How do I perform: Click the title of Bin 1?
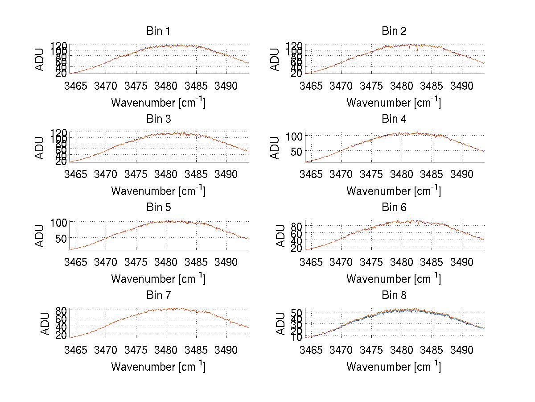[158, 31]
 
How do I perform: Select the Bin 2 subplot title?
[394, 31]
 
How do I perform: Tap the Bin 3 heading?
[158, 119]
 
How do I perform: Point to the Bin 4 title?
[394, 119]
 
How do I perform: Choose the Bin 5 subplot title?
[158, 207]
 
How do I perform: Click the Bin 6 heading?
[394, 207]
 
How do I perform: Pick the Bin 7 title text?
[158, 295]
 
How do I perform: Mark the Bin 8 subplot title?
[394, 295]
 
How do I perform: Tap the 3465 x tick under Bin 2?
[311, 86]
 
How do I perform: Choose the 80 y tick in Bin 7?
[62, 310]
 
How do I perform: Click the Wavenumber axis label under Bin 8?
[394, 367]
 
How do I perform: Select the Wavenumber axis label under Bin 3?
[158, 191]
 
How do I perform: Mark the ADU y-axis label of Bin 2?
[275, 59]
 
